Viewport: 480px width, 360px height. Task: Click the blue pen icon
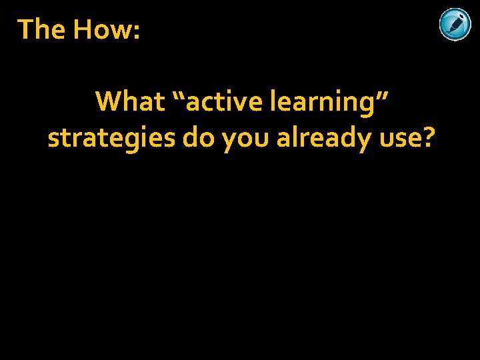(455, 25)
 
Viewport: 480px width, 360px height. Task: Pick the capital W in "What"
(109, 102)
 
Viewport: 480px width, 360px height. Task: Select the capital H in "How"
(84, 29)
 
